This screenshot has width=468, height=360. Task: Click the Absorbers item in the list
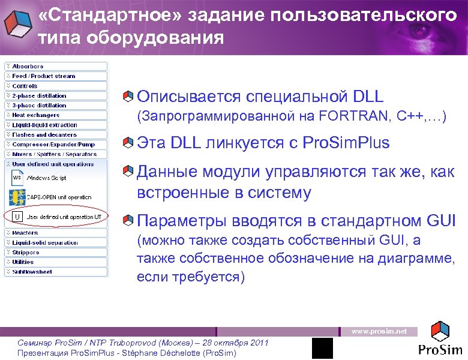point(28,66)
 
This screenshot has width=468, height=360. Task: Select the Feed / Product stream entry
point(43,76)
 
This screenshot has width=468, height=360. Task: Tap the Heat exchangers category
point(35,115)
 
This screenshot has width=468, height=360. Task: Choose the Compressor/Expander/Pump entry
point(53,144)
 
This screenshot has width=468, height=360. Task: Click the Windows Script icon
point(17,178)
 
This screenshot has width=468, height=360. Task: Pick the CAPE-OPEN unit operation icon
point(17,197)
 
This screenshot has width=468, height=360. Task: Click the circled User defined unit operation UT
point(57,217)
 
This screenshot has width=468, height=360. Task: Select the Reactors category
point(25,233)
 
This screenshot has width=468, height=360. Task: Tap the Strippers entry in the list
point(26,253)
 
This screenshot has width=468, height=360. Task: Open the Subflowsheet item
point(32,272)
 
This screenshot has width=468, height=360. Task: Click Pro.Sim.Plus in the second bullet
point(346,143)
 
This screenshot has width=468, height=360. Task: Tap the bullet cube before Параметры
point(127,221)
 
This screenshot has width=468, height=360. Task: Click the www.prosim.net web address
point(379,331)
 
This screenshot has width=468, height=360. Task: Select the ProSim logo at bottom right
point(440,340)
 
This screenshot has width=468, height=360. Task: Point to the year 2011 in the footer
point(257,343)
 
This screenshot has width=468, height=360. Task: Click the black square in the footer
point(322,347)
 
